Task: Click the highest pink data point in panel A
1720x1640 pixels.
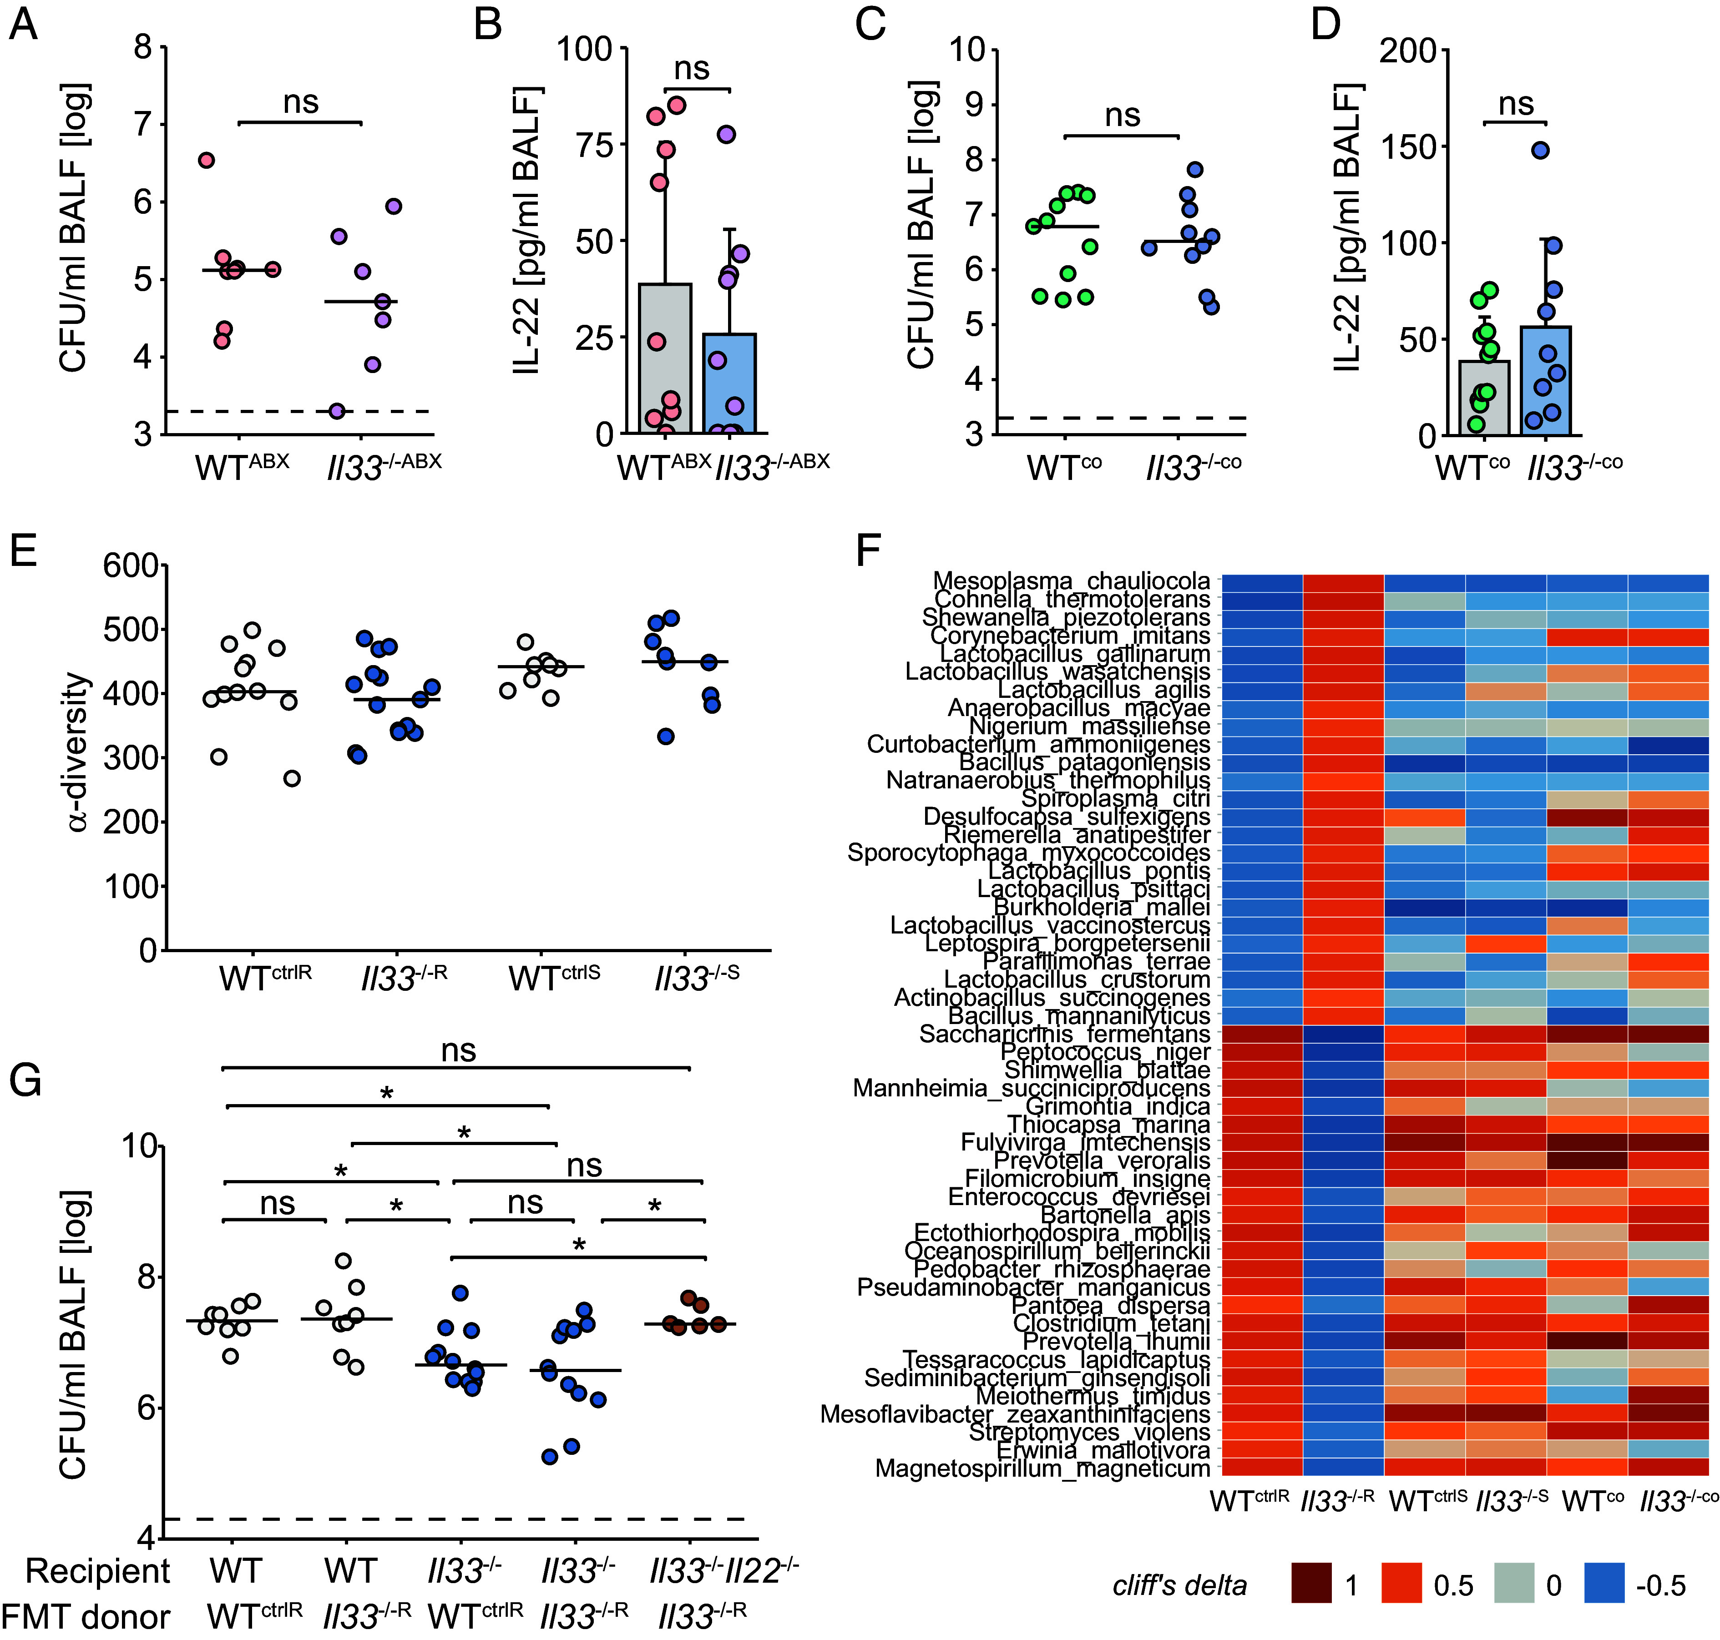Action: (207, 160)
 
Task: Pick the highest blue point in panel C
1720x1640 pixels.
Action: (1195, 170)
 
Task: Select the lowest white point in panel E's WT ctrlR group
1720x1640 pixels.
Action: (292, 778)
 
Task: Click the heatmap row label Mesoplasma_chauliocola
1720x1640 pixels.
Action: (1071, 580)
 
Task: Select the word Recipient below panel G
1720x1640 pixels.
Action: (98, 1571)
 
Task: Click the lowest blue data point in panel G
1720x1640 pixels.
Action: (550, 1456)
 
